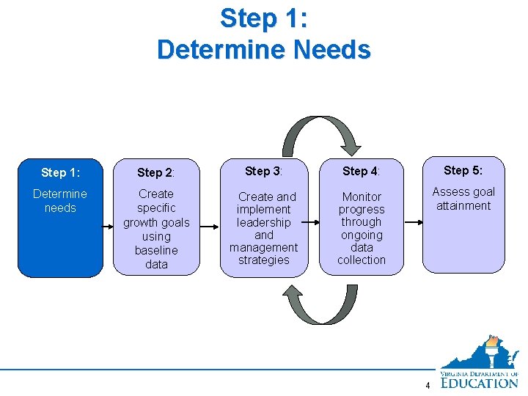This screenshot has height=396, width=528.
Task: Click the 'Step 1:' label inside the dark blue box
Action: tap(60, 172)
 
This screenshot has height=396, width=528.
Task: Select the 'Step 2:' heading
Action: tap(156, 172)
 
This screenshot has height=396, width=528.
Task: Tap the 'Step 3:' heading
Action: tap(263, 171)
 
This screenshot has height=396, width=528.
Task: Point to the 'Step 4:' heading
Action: tap(361, 171)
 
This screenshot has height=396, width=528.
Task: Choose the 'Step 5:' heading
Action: tap(463, 170)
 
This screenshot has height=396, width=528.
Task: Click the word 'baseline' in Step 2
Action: tap(156, 250)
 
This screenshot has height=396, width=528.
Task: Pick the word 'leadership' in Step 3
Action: tap(263, 222)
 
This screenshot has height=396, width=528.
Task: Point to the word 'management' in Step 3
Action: tap(263, 247)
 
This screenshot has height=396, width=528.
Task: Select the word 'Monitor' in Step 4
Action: tap(361, 197)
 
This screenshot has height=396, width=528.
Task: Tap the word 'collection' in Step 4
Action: tap(361, 260)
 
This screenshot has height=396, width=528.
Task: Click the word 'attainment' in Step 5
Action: tap(463, 205)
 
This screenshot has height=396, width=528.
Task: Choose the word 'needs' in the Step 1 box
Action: tap(60, 208)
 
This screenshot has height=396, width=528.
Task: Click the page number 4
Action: tap(428, 386)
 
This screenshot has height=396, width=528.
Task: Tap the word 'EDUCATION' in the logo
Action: tap(480, 382)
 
